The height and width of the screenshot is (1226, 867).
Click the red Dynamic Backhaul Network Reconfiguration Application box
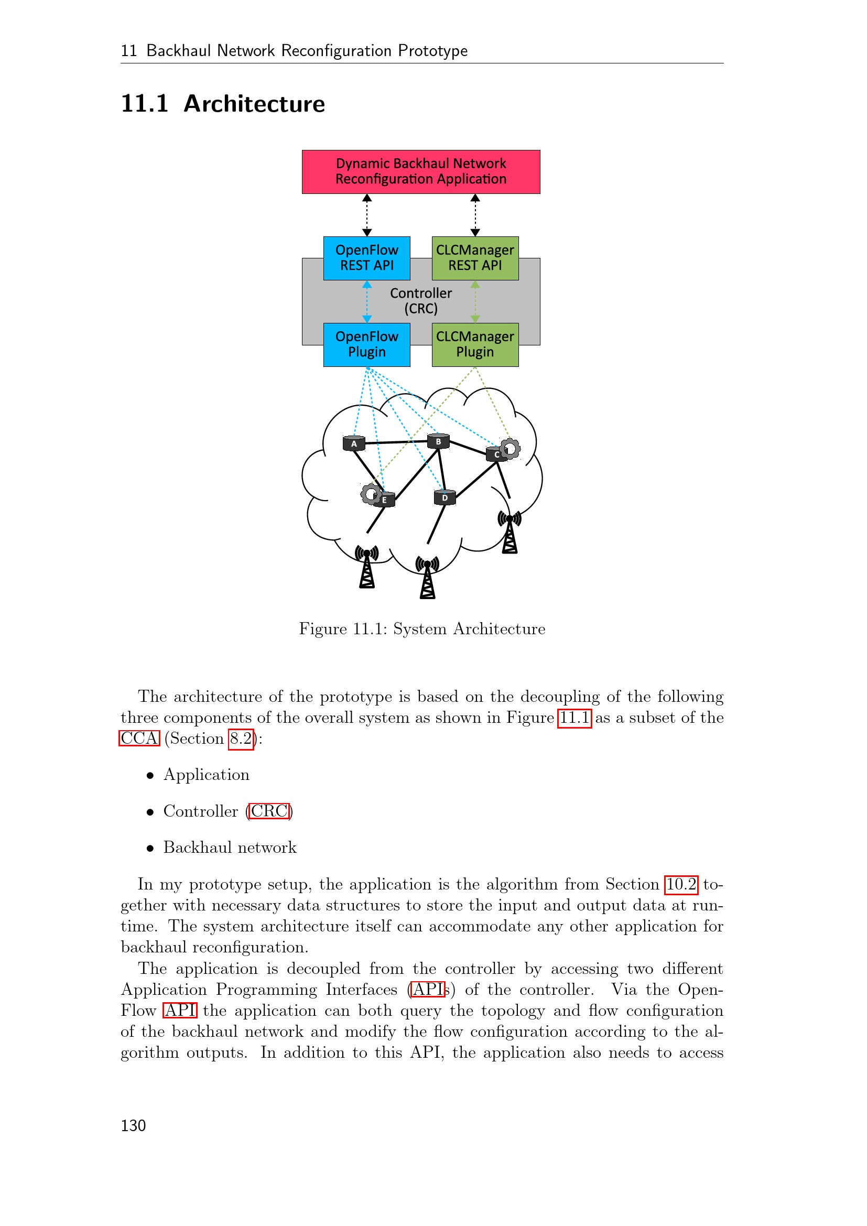coord(421,171)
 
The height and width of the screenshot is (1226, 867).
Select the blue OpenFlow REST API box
coord(367,258)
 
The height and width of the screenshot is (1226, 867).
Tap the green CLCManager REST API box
coord(474,258)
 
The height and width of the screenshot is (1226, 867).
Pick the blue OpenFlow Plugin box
coord(367,344)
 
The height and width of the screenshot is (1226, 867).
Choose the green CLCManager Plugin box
coord(474,344)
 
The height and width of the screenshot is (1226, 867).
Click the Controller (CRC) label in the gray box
coord(421,301)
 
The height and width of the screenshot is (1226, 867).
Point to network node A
coord(353,443)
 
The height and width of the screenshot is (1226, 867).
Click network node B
coord(438,441)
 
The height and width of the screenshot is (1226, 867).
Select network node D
coord(445,497)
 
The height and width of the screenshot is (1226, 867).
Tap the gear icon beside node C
coord(511,448)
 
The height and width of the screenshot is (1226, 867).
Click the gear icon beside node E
coord(370,494)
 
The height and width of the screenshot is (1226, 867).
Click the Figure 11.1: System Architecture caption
coord(422,628)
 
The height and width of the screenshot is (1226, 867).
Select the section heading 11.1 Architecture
coord(223,104)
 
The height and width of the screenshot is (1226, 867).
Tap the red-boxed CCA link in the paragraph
coord(139,739)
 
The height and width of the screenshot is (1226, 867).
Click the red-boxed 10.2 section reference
coord(681,884)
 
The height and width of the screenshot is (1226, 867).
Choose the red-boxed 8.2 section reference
coord(241,739)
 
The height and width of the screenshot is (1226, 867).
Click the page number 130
coord(133,1125)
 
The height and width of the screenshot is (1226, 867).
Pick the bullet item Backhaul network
coord(230,848)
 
